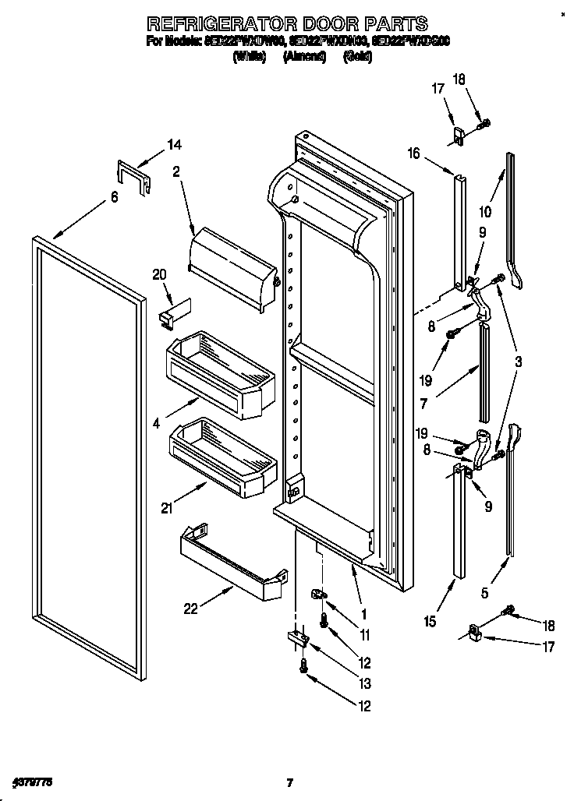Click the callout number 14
[174, 144]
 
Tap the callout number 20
[159, 274]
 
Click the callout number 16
[413, 154]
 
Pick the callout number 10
[484, 211]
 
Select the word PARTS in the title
[394, 23]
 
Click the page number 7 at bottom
[289, 782]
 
